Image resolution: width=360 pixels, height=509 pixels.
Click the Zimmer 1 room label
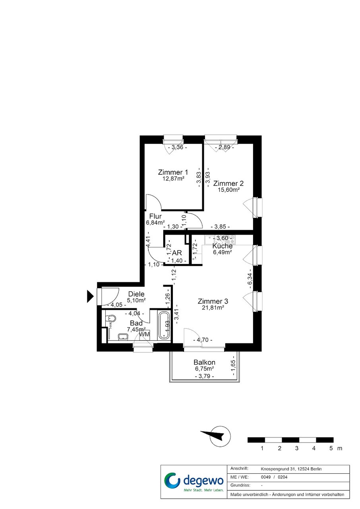[173, 172]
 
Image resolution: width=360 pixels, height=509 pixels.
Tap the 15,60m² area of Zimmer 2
[228, 189]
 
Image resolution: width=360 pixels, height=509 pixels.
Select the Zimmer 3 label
[213, 301]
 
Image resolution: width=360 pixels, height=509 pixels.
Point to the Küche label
[222, 246]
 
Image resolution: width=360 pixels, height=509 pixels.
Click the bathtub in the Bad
[164, 326]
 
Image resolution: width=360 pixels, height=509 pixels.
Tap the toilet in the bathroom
[111, 318]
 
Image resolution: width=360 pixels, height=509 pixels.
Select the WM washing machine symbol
[144, 334]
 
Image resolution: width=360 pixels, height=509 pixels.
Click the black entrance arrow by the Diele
[90, 296]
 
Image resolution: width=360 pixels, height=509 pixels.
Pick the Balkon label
[204, 362]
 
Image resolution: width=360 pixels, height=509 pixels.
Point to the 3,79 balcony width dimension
[205, 376]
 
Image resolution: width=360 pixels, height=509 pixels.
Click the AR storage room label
[177, 253]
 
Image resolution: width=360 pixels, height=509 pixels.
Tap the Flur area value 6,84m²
[155, 222]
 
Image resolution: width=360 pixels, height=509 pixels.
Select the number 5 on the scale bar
[331, 448]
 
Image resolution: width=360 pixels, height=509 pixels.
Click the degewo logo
[194, 480]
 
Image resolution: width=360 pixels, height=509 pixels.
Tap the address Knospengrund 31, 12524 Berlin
[291, 469]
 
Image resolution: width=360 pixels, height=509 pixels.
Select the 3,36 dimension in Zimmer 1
[177, 147]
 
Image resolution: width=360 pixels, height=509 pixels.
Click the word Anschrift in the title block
[239, 469]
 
